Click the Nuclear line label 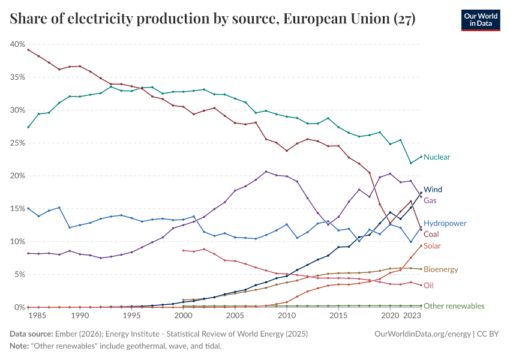point(437,157)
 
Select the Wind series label point(433,190)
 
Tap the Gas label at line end point(431,200)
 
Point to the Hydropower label point(445,223)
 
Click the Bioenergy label point(440,270)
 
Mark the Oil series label point(428,286)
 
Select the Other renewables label point(454,306)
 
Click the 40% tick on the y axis point(17,44)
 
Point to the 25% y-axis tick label point(17,143)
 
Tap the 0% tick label point(19,307)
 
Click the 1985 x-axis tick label point(38,315)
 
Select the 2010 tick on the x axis point(287,315)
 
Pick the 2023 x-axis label point(411,315)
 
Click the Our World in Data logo point(480,20)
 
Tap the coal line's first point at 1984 point(28,50)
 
